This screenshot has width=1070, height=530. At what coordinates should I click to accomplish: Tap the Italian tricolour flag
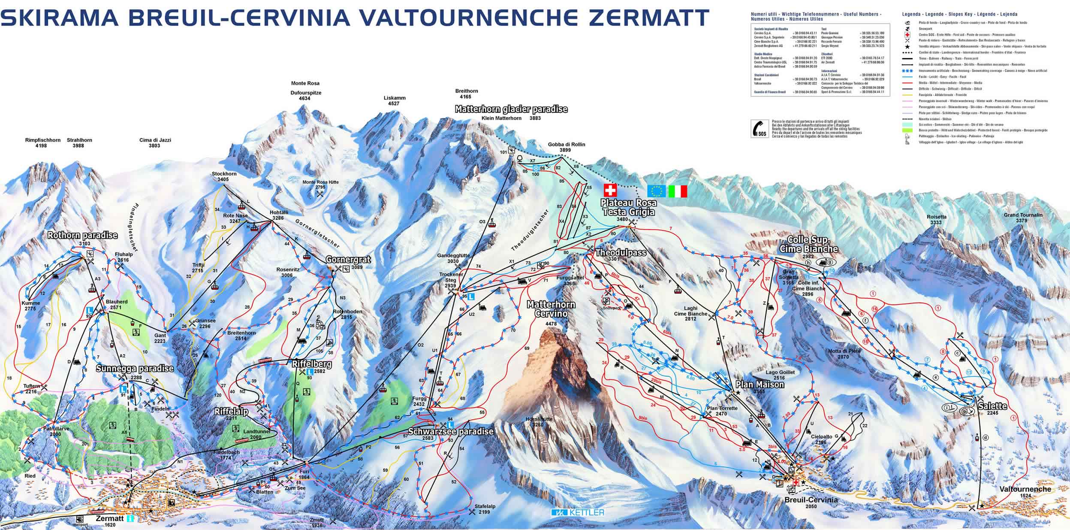click(x=678, y=191)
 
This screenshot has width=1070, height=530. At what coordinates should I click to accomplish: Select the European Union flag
click(x=656, y=191)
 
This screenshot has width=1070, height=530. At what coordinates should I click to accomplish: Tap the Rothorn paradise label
click(x=82, y=236)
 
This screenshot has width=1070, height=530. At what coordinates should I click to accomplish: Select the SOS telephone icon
click(x=759, y=128)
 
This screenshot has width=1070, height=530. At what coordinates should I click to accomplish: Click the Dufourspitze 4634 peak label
click(x=306, y=95)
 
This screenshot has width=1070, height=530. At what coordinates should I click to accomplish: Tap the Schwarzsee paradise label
click(x=451, y=432)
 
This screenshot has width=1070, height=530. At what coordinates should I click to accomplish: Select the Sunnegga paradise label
click(x=135, y=368)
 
